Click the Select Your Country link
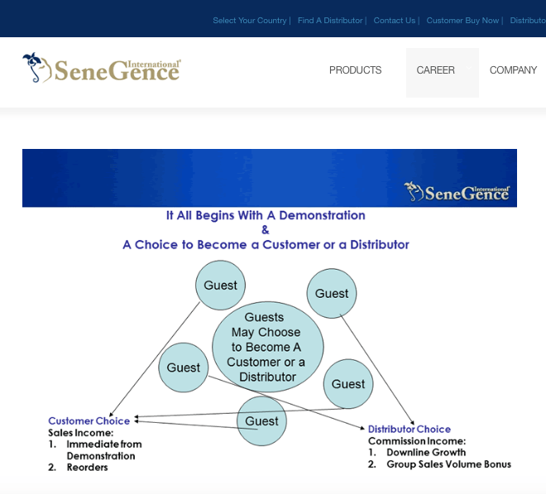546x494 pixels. click(249, 21)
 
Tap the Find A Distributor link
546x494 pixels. click(330, 21)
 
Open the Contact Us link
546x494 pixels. click(395, 21)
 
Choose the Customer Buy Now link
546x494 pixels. click(462, 21)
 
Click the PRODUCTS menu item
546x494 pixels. click(355, 70)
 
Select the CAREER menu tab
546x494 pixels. click(435, 70)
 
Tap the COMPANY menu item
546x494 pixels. click(513, 70)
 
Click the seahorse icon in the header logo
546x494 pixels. click(33, 68)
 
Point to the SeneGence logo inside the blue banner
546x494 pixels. click(457, 192)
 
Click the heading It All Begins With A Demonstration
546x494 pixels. click(266, 215)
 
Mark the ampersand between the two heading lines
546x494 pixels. click(266, 230)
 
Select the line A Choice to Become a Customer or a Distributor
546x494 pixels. click(266, 245)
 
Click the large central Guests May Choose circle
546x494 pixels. click(267, 347)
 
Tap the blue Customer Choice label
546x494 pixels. click(89, 420)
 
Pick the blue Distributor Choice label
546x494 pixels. click(409, 429)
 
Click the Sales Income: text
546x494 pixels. click(80, 432)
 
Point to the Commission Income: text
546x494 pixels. click(416, 441)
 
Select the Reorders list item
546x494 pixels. click(87, 468)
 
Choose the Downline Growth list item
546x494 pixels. click(425, 453)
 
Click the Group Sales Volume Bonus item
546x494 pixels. click(448, 464)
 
